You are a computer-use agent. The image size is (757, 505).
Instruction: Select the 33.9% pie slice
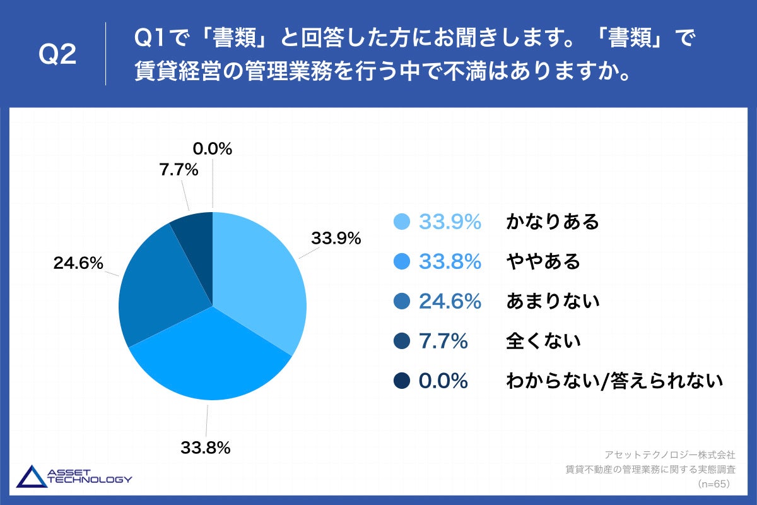pyautogui.click(x=259, y=271)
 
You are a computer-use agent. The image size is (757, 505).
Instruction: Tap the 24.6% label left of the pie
pyautogui.click(x=78, y=264)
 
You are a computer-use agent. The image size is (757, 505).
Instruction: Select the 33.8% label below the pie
pyautogui.click(x=205, y=448)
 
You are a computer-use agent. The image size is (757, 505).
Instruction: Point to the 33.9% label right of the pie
pyautogui.click(x=336, y=239)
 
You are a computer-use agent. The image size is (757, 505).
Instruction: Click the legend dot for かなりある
pyautogui.click(x=402, y=222)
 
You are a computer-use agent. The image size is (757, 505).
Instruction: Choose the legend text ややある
pyautogui.click(x=543, y=262)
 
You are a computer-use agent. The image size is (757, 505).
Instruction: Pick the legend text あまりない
pyautogui.click(x=553, y=302)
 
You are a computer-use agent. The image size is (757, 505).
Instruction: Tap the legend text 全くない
pyautogui.click(x=543, y=342)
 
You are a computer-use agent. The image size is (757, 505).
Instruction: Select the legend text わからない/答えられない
pyautogui.click(x=614, y=381)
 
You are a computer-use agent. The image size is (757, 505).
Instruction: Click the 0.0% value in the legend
pyautogui.click(x=443, y=381)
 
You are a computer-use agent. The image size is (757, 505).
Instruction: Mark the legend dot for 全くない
pyautogui.click(x=402, y=342)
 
